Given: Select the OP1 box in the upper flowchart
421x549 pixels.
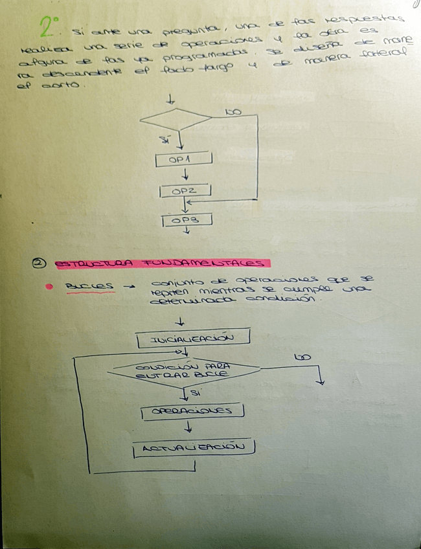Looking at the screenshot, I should [x=184, y=159].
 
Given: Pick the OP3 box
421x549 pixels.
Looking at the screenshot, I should [x=187, y=221].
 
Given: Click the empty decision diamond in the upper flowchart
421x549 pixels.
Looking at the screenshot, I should [x=176, y=118].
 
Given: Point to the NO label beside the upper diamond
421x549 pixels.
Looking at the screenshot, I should [x=233, y=112].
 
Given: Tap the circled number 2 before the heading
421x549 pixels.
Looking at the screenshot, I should [x=38, y=263].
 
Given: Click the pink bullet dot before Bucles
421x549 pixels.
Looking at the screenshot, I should [x=49, y=286].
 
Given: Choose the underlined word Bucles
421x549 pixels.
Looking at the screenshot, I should [x=90, y=286].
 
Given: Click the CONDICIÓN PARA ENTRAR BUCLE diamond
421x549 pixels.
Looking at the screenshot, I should [x=186, y=371].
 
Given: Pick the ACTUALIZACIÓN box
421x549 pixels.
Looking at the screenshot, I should [x=192, y=448].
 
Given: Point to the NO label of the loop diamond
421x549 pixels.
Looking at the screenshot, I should [x=301, y=357].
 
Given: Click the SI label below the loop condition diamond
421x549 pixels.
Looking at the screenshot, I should [x=195, y=393].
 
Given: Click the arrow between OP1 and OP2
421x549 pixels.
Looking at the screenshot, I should [x=185, y=175].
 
